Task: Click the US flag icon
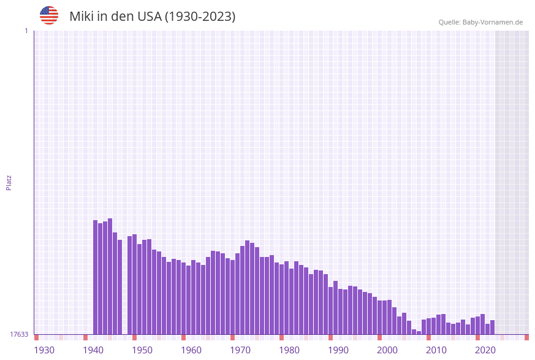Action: (49, 15)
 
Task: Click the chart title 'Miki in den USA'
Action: (152, 17)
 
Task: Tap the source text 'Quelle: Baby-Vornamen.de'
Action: (480, 22)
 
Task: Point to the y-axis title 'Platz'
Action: (9, 182)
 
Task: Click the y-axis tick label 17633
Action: (19, 334)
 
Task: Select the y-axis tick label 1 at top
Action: (26, 31)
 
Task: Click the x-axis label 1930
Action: (44, 350)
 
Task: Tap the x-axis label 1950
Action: (142, 350)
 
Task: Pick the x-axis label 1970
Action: (240, 350)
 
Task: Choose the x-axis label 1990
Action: (338, 350)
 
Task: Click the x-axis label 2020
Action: (485, 350)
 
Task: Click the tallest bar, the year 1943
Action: (110, 276)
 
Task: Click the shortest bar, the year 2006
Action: (419, 332)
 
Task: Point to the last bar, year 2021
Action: (493, 327)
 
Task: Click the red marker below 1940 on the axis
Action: (86, 337)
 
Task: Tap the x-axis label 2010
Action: (436, 350)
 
